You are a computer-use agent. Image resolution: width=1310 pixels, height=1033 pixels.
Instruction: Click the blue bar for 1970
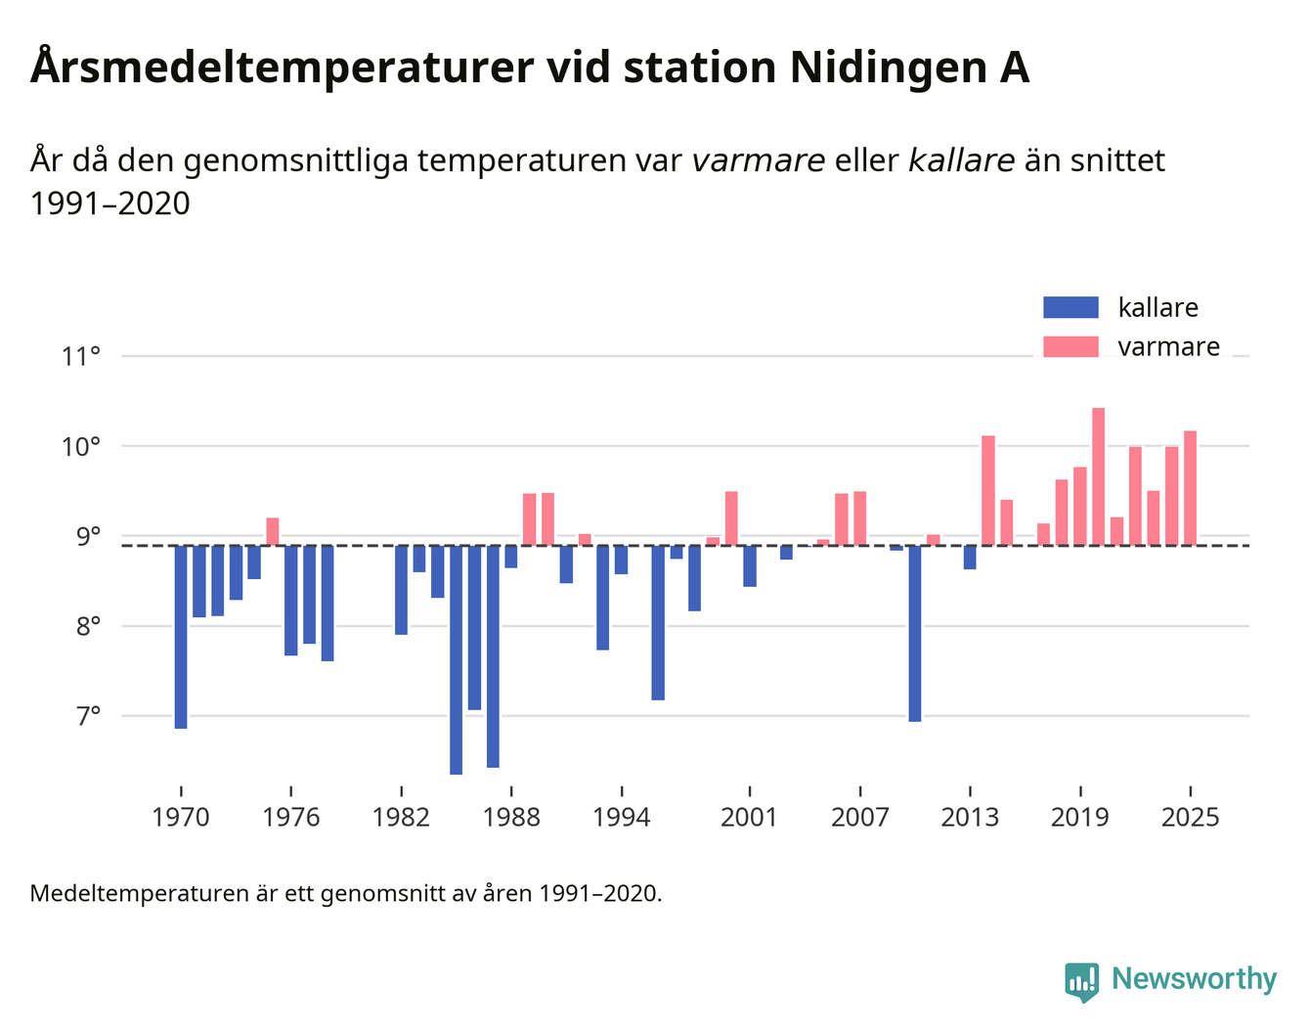pyautogui.click(x=181, y=637)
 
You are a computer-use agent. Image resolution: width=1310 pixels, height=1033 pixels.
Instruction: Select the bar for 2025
pyautogui.click(x=1190, y=488)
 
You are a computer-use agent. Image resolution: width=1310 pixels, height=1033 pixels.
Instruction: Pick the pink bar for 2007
pyautogui.click(x=859, y=518)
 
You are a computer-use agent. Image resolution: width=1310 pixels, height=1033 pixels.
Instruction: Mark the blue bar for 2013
pyautogui.click(x=970, y=557)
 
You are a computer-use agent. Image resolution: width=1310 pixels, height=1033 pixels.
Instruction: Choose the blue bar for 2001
pyautogui.click(x=750, y=565)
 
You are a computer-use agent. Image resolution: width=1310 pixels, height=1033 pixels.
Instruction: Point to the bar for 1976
pyautogui.click(x=291, y=600)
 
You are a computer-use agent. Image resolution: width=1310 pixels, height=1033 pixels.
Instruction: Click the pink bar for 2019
pyautogui.click(x=1080, y=506)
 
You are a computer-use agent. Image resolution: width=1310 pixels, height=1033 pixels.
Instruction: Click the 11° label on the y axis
pyautogui.click(x=81, y=357)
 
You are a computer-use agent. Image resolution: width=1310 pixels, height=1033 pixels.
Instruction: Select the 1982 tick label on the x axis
pyautogui.click(x=401, y=817)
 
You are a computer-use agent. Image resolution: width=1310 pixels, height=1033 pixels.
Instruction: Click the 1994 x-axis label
pyautogui.click(x=622, y=817)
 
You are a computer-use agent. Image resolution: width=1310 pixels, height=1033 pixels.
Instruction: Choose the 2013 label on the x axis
pyautogui.click(x=970, y=817)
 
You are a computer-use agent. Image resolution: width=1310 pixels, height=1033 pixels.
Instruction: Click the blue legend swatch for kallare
pyautogui.click(x=1070, y=308)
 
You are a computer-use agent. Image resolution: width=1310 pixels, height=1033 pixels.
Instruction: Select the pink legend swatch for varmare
pyautogui.click(x=1070, y=347)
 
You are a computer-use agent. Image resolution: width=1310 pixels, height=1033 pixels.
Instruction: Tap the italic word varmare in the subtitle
pyautogui.click(x=758, y=160)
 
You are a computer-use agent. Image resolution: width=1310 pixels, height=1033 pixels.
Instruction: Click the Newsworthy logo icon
pyautogui.click(x=1082, y=980)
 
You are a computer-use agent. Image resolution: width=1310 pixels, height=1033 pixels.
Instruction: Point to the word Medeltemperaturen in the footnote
pyautogui.click(x=139, y=893)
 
